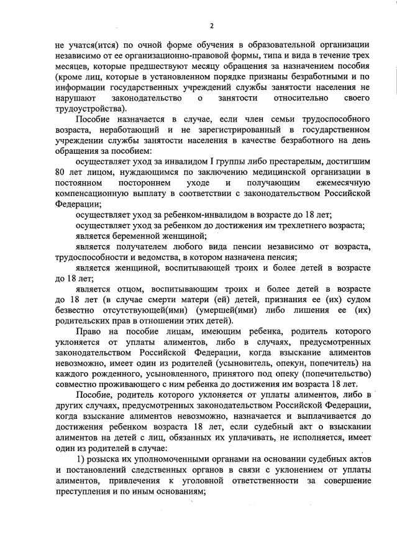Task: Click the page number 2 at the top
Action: [x=211, y=25]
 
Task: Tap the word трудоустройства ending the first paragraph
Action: [x=89, y=109]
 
